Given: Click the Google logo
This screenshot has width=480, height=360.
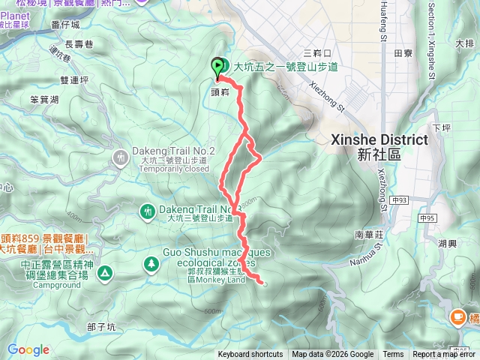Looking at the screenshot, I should (x=28, y=349).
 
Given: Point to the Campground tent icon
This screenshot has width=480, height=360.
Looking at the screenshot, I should (x=103, y=271).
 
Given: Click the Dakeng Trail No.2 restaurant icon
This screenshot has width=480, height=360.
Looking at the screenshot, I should (x=121, y=157).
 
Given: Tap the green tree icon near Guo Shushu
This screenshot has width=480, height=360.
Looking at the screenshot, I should (x=151, y=262).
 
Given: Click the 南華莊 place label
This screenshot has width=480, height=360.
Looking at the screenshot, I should (x=370, y=234).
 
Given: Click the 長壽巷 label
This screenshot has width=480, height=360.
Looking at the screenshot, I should (x=79, y=43).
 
